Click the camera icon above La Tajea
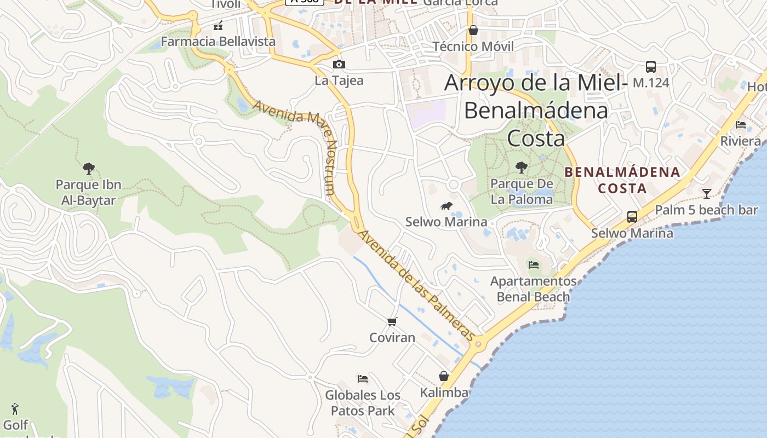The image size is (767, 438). pyautogui.click(x=339, y=65)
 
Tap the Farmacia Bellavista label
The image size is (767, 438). pyautogui.click(x=218, y=42)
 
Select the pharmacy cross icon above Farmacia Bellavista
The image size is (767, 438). pyautogui.click(x=218, y=26)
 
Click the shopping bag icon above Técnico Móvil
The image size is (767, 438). pyautogui.click(x=473, y=30)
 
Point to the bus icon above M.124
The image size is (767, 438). pyautogui.click(x=651, y=67)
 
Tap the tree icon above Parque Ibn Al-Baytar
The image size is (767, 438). pyautogui.click(x=88, y=168)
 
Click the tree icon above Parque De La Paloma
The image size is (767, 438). pyautogui.click(x=522, y=167)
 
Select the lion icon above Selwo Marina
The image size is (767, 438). pyautogui.click(x=447, y=206)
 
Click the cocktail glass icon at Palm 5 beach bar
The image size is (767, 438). pyautogui.click(x=707, y=193)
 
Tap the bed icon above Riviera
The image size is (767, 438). pyautogui.click(x=741, y=125)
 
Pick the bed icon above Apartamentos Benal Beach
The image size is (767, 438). pyautogui.click(x=533, y=265)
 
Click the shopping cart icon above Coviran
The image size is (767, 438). pyautogui.click(x=392, y=321)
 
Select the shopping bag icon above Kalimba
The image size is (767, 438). pyautogui.click(x=444, y=376)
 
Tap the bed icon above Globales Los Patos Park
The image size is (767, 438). pyautogui.click(x=362, y=378)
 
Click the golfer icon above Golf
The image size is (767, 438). pyautogui.click(x=15, y=408)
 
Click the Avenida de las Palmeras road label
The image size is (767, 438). pyautogui.click(x=417, y=285)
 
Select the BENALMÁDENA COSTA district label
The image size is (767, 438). pyautogui.click(x=622, y=180)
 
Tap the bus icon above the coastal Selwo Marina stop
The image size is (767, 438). pyautogui.click(x=632, y=216)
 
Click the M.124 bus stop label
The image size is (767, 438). pyautogui.click(x=651, y=83)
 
